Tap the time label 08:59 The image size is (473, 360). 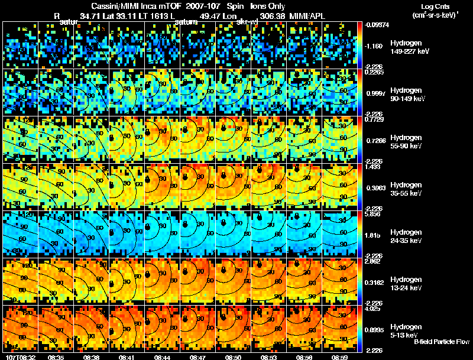tap(341, 356)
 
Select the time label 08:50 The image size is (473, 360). tap(234, 356)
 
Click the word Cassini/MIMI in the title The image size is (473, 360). tap(112, 5)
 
